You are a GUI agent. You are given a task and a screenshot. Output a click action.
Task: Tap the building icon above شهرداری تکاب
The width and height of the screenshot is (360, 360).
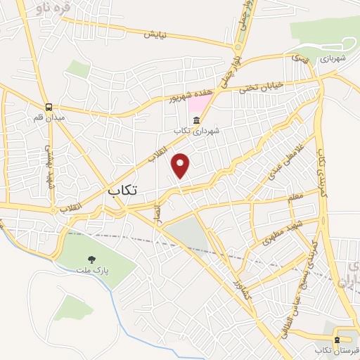tap(195, 119)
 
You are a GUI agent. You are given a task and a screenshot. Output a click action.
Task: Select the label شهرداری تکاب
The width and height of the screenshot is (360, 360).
tap(192, 131)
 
